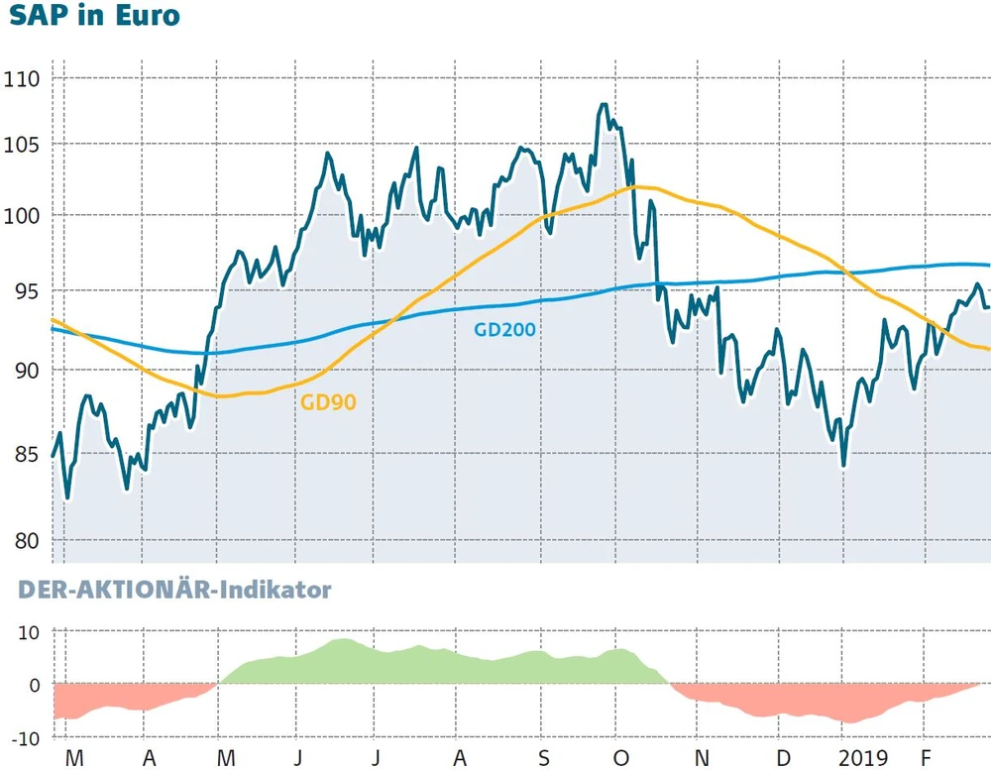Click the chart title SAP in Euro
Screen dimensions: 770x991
(x=95, y=16)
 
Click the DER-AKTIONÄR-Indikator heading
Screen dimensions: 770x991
(x=174, y=591)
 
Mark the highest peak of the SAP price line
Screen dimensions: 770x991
(x=604, y=104)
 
